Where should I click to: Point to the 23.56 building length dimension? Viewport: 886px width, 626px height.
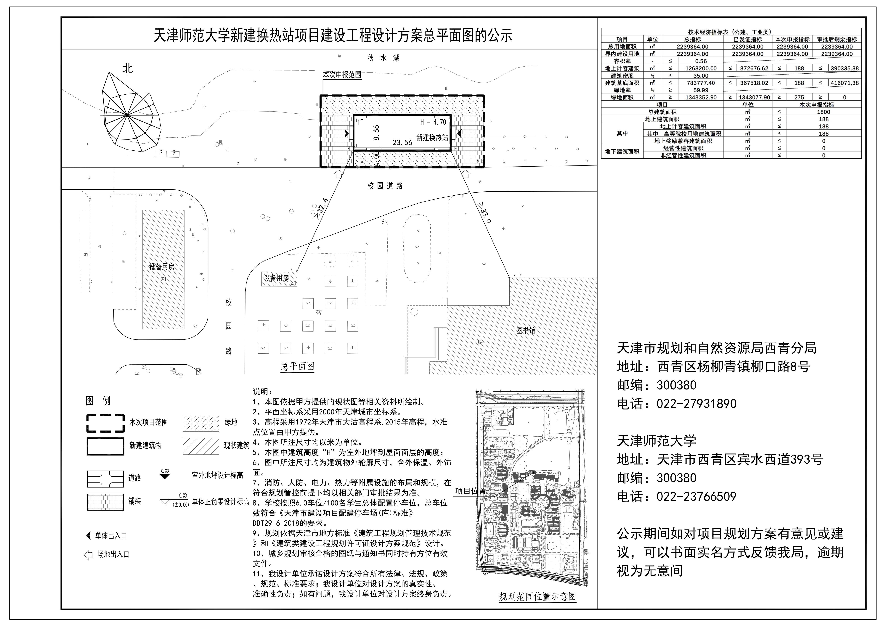402,142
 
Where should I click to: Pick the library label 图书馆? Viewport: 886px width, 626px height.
526,331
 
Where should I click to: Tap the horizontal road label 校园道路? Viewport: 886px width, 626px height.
385,186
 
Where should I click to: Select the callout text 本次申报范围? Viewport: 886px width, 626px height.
342,75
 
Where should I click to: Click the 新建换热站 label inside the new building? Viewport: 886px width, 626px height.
432,137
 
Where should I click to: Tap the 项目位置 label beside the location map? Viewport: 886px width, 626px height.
470,491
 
